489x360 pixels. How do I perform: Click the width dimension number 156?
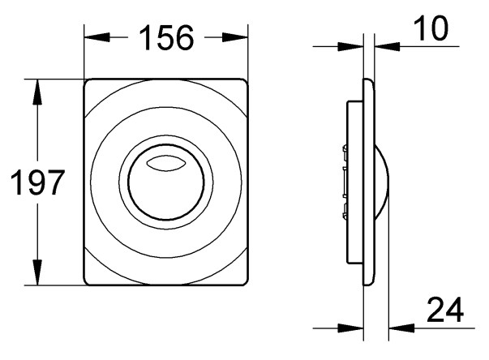click(x=166, y=38)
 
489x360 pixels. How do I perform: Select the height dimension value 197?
click(x=38, y=182)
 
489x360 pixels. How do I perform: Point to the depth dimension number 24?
click(x=445, y=310)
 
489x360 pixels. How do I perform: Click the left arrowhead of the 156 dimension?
click(x=97, y=37)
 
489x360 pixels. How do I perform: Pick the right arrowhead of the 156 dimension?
click(x=235, y=37)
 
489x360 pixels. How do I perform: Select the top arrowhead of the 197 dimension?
click(x=38, y=92)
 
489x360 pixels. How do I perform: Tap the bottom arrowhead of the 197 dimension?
click(x=38, y=272)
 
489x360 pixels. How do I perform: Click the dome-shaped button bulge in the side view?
click(x=382, y=182)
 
